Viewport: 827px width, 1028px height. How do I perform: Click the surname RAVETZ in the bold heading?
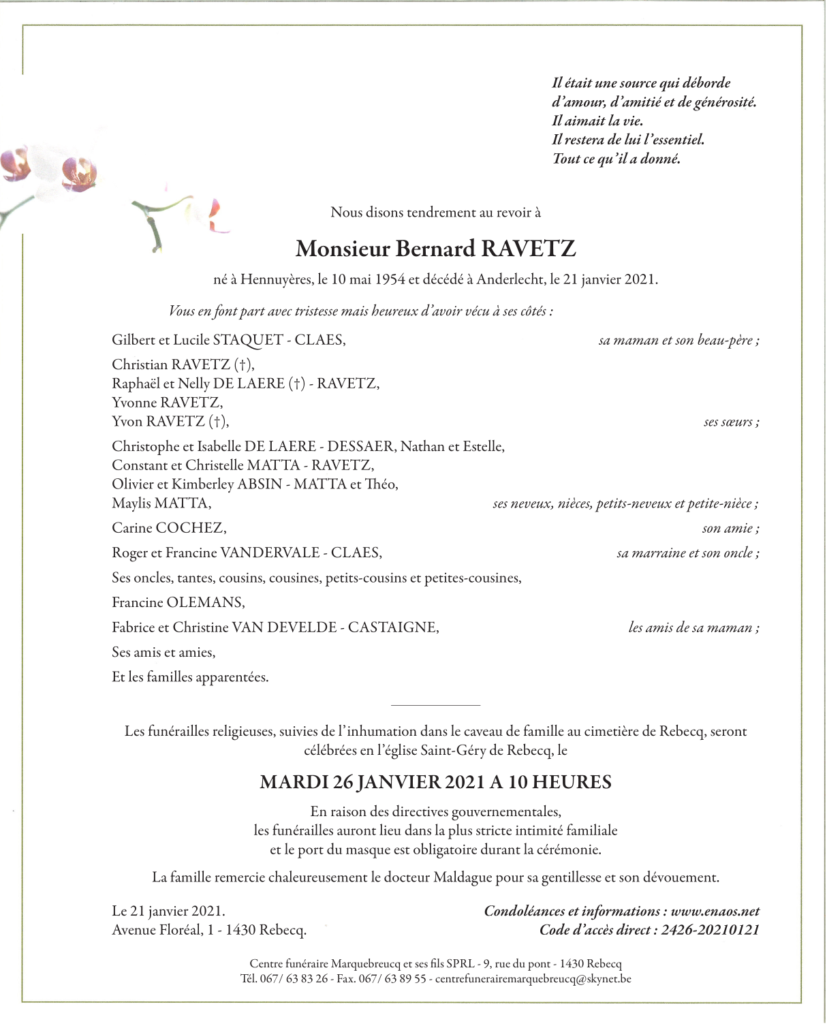click(529, 249)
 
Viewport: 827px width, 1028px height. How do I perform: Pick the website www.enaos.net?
click(715, 911)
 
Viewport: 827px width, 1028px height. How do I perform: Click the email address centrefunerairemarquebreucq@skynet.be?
click(533, 979)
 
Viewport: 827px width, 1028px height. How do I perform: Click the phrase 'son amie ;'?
click(730, 528)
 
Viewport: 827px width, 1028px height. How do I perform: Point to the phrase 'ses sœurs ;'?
click(731, 422)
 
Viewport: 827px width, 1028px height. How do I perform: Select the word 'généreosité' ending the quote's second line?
click(725, 102)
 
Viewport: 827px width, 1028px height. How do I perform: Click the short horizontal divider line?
click(436, 705)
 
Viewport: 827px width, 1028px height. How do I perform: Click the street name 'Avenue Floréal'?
click(156, 930)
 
